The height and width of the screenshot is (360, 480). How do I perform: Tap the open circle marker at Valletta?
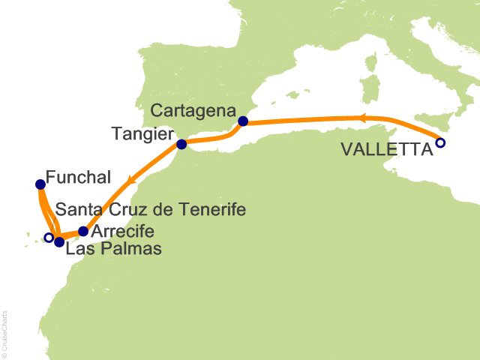click(x=440, y=142)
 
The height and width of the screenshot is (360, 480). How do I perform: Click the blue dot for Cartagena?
click(x=242, y=121)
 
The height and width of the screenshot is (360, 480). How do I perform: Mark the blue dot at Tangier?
click(x=181, y=144)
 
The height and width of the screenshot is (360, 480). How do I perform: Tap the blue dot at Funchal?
click(x=40, y=184)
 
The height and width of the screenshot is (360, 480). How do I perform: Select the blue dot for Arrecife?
click(x=82, y=232)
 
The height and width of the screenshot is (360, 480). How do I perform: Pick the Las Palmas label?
click(x=113, y=248)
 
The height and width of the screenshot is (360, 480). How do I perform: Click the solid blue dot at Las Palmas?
click(x=59, y=242)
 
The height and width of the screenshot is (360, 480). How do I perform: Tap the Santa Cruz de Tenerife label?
click(x=151, y=210)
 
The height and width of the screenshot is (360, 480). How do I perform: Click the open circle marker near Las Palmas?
click(x=49, y=238)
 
